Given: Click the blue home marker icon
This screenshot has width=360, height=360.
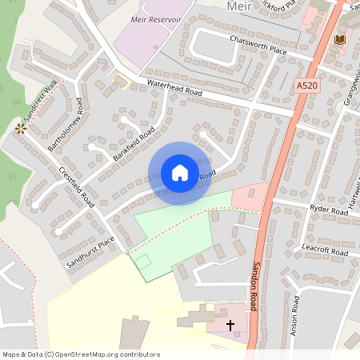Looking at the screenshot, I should pyautogui.click(x=180, y=173).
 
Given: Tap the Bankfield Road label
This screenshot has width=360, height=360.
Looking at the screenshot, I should pyautogui.click(x=134, y=144).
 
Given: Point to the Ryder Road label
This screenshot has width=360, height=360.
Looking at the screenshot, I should pyautogui.click(x=328, y=209).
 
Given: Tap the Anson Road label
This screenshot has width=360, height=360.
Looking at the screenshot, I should pyautogui.click(x=295, y=315).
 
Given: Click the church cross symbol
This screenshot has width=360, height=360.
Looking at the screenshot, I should pyautogui.click(x=231, y=326).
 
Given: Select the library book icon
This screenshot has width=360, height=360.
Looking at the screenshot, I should pyautogui.click(x=340, y=39).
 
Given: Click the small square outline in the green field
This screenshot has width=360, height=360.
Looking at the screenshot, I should pyautogui.click(x=142, y=261).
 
